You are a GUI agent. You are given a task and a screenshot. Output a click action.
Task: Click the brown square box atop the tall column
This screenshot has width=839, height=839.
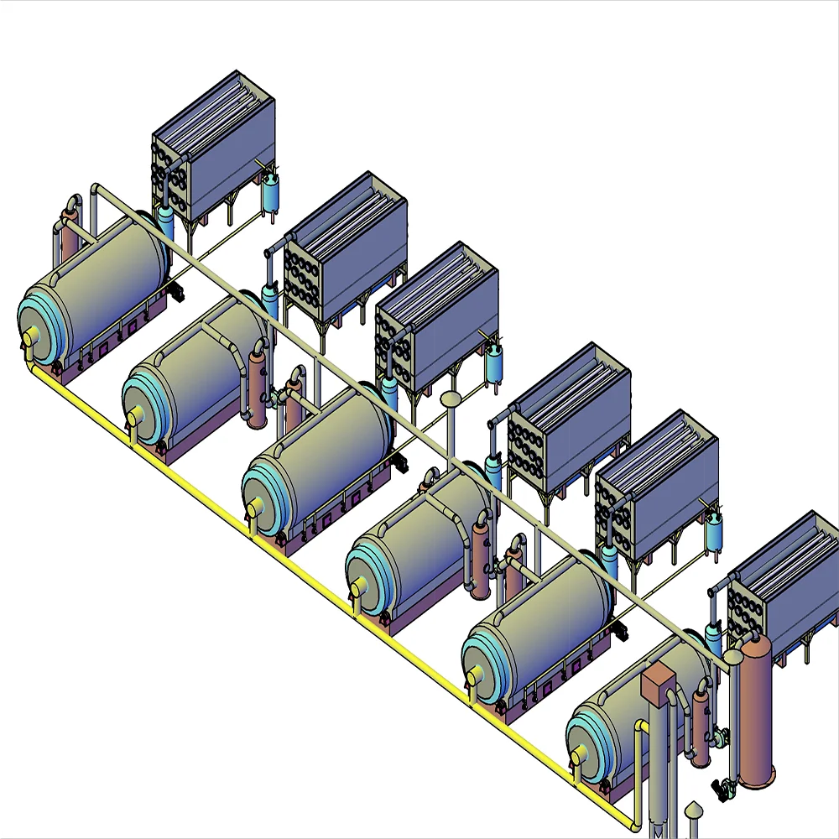(x=659, y=683)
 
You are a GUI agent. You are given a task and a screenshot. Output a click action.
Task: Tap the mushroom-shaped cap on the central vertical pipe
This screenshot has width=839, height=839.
(x=451, y=399)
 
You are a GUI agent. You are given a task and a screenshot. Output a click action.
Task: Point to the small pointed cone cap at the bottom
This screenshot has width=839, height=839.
(x=694, y=810)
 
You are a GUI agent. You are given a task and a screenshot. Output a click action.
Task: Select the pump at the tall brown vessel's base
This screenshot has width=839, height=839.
(x=720, y=787)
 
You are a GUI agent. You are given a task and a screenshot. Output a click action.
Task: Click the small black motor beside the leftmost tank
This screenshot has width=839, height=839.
(x=177, y=292)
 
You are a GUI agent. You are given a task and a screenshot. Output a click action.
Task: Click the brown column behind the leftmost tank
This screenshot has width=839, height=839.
(x=69, y=239)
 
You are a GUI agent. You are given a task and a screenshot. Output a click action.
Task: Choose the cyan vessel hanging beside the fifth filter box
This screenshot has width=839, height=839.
(x=715, y=530)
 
